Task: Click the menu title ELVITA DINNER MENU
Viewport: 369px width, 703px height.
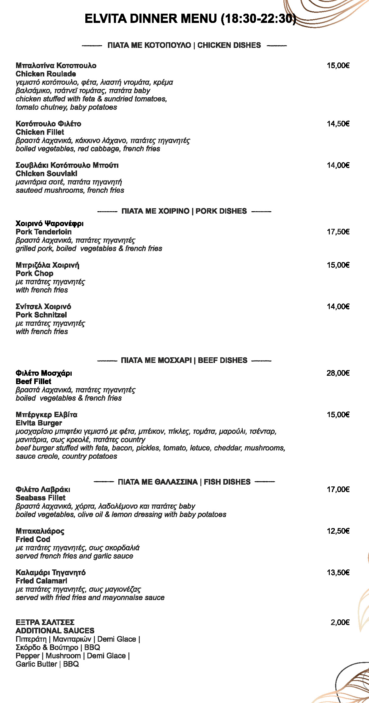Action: tap(190, 19)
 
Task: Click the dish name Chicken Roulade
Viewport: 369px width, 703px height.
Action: tap(46, 74)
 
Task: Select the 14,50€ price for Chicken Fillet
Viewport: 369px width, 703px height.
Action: tap(338, 124)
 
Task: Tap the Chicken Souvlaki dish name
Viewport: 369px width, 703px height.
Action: tap(46, 173)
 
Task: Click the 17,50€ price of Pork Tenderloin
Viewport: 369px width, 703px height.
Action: tap(338, 232)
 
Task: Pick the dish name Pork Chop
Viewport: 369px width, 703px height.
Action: tap(34, 273)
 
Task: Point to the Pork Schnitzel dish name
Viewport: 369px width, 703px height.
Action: tap(41, 315)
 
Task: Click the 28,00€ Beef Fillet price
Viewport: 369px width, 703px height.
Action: tap(338, 373)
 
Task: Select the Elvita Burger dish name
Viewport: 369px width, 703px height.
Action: tap(39, 423)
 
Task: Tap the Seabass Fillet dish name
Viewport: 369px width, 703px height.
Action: tap(40, 498)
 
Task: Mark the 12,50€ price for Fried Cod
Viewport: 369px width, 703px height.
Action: tap(338, 531)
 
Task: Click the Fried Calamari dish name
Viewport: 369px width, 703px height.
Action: tap(41, 581)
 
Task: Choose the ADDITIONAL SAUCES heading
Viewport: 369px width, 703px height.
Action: tap(55, 631)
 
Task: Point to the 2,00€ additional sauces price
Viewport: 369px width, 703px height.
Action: tap(340, 622)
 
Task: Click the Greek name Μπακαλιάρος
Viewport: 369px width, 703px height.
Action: tap(40, 531)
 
